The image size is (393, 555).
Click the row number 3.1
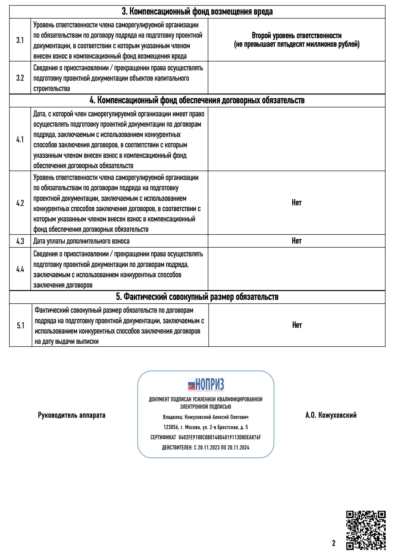click(x=20, y=40)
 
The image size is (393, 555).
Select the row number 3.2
click(x=20, y=78)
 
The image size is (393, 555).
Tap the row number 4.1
click(x=20, y=140)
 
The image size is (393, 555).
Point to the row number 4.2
click(x=20, y=203)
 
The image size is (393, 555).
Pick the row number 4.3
click(x=20, y=241)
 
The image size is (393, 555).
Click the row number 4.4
click(x=20, y=269)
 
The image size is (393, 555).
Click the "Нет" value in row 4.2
click(x=297, y=203)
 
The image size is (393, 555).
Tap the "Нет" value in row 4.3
click(x=297, y=241)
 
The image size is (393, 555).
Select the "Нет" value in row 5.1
click(x=297, y=325)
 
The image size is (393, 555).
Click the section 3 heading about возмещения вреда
click(x=197, y=12)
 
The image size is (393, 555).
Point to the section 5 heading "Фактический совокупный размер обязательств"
click(x=197, y=297)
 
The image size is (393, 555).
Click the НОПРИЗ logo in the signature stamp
click(x=206, y=385)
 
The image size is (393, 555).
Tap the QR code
click(x=366, y=530)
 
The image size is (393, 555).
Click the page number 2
click(x=334, y=543)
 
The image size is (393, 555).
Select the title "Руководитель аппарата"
click(x=72, y=415)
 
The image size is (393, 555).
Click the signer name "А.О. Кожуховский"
click(x=331, y=415)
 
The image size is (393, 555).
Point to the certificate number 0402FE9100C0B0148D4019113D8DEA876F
click(x=220, y=437)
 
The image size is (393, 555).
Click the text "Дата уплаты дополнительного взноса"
click(x=81, y=241)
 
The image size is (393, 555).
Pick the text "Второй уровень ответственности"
click(x=297, y=36)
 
